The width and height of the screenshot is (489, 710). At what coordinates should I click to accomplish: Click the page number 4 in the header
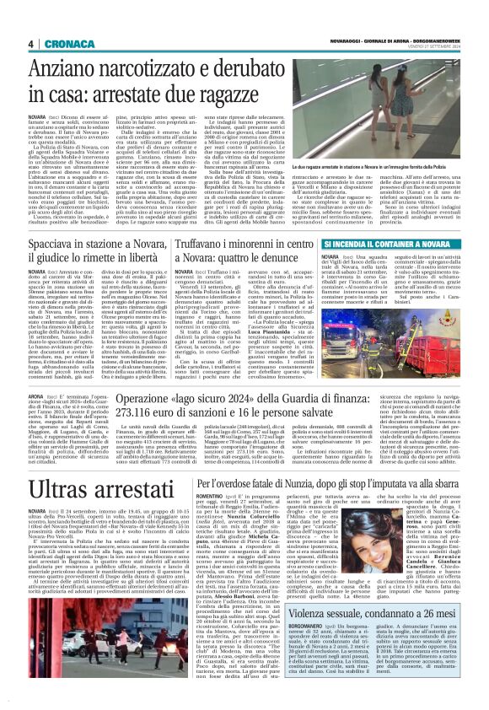30,45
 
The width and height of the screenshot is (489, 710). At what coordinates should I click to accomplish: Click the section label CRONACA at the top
61,45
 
